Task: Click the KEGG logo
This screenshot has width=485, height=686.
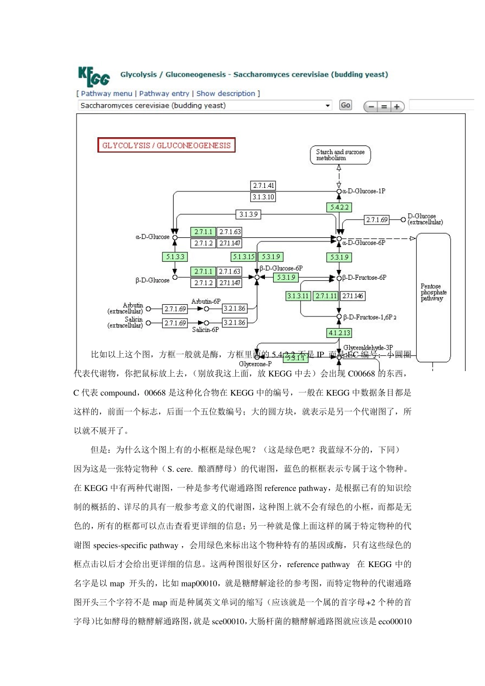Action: [94, 77]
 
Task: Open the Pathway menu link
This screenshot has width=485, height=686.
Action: [106, 93]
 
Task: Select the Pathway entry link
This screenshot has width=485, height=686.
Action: [164, 93]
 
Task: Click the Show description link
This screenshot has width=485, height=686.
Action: [226, 93]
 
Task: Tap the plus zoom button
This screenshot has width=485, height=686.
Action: [397, 107]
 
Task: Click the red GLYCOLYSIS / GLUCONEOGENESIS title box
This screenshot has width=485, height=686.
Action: [166, 145]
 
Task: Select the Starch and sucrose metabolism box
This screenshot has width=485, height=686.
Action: [340, 155]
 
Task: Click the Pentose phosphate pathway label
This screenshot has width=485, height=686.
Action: [433, 292]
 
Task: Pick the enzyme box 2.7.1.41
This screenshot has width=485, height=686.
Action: [263, 186]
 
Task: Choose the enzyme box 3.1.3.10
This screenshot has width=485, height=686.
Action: [263, 197]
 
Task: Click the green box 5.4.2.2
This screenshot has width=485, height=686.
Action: [339, 208]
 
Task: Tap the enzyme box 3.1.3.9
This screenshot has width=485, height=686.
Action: [248, 214]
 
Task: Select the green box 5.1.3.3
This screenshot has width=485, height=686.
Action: [175, 257]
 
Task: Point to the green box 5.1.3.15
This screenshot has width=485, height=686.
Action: [243, 257]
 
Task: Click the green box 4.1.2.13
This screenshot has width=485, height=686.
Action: [339, 333]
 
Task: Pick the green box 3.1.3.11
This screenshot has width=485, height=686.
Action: [298, 296]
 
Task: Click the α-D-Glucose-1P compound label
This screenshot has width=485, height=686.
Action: [363, 191]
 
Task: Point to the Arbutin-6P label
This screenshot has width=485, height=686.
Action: [206, 302]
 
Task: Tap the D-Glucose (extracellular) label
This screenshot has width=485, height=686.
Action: [425, 219]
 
